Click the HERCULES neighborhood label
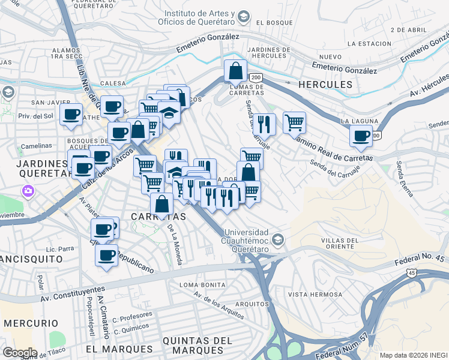(x=325, y=85)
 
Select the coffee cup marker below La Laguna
(x=361, y=136)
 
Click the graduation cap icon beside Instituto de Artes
(x=243, y=16)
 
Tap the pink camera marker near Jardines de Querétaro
(x=27, y=191)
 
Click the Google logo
(x=20, y=352)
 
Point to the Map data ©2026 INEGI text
(x=417, y=355)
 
